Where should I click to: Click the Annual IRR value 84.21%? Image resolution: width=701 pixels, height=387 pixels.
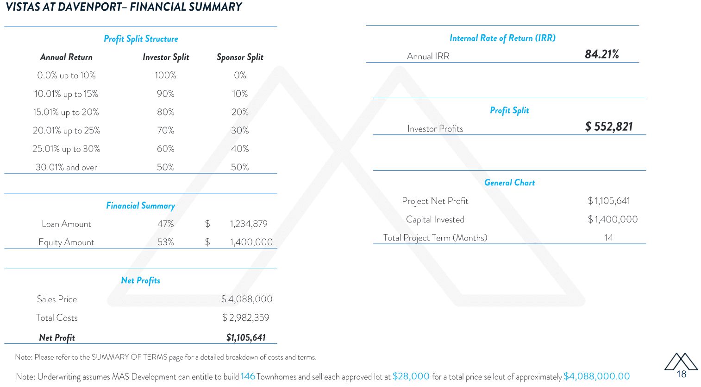(601, 54)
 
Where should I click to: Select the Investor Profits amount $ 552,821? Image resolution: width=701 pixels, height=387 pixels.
(608, 127)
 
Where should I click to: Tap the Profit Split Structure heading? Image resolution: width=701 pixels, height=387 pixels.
(141, 39)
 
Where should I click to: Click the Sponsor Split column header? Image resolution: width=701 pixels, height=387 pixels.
(240, 57)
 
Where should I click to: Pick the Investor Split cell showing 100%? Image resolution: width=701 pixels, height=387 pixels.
(165, 75)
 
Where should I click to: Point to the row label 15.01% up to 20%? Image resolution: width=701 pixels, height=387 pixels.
(66, 112)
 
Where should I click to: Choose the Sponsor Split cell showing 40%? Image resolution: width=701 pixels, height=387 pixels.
(240, 149)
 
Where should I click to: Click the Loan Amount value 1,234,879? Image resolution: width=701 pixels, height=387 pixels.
(249, 224)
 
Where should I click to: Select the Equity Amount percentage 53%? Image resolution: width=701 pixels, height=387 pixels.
(165, 242)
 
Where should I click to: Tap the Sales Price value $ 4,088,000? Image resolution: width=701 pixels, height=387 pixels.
(247, 299)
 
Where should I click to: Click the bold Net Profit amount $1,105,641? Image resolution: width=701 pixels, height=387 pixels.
(246, 337)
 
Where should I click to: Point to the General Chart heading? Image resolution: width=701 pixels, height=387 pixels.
(509, 183)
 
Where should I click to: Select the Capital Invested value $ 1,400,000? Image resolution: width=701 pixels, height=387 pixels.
(613, 219)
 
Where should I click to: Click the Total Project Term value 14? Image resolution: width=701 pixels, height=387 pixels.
(608, 237)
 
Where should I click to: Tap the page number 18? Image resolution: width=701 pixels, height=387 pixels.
(681, 374)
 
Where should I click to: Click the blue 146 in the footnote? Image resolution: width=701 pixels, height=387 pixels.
(248, 376)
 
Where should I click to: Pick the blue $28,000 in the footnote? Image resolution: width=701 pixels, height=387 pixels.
(411, 376)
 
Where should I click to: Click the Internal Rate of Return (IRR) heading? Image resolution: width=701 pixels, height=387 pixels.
(502, 38)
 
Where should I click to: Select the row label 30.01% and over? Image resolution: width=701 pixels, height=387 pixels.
(66, 167)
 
